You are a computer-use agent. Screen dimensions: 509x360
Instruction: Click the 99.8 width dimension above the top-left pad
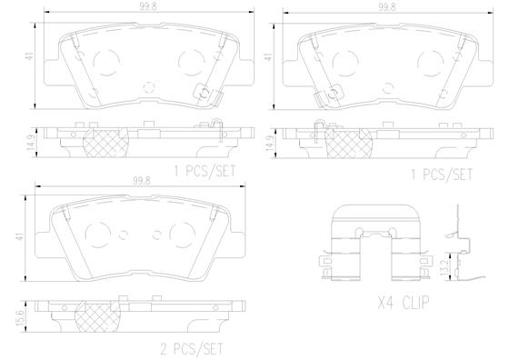click(x=148, y=7)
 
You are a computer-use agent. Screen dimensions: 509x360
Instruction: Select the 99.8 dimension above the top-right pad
click(x=387, y=7)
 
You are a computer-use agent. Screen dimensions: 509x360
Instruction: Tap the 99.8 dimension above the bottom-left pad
click(x=142, y=181)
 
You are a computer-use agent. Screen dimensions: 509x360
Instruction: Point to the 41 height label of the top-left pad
click(x=30, y=57)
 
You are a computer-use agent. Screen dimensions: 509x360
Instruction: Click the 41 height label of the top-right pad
click(x=268, y=57)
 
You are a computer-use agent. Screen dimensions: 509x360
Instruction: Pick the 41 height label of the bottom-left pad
click(x=21, y=236)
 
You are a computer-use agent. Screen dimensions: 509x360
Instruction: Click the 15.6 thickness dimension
click(x=20, y=316)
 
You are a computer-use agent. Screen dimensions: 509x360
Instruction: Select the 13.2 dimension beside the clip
click(x=445, y=265)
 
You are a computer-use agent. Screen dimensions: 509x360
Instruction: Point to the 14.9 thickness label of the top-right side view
click(x=270, y=143)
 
